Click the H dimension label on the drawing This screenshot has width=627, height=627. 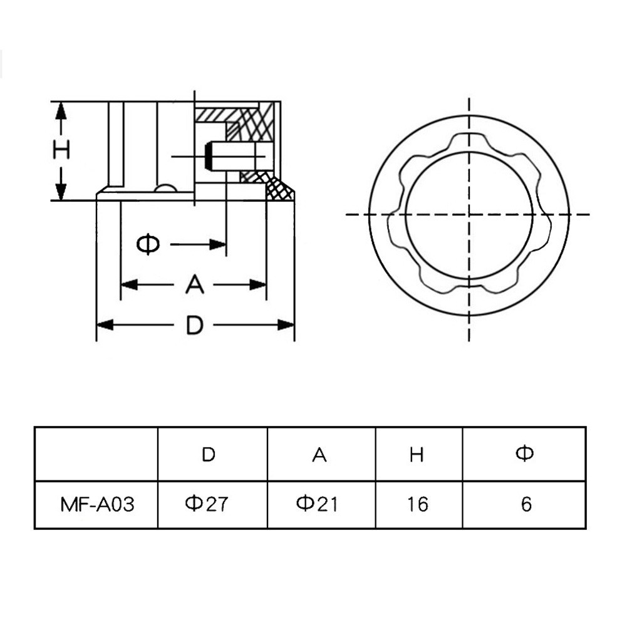pyautogui.click(x=61, y=150)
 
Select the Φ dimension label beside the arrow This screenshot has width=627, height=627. pyautogui.click(x=148, y=244)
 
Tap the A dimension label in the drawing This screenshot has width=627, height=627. pyautogui.click(x=195, y=284)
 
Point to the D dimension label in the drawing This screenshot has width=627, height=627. pyautogui.click(x=195, y=324)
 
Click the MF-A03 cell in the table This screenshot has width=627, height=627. pyautogui.click(x=97, y=504)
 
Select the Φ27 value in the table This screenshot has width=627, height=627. pyautogui.click(x=207, y=504)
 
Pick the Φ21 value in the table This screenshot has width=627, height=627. pyautogui.click(x=317, y=504)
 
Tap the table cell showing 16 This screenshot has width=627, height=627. pyautogui.click(x=418, y=504)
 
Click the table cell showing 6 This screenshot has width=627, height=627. pyautogui.click(x=526, y=504)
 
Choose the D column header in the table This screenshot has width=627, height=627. pyautogui.click(x=209, y=454)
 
